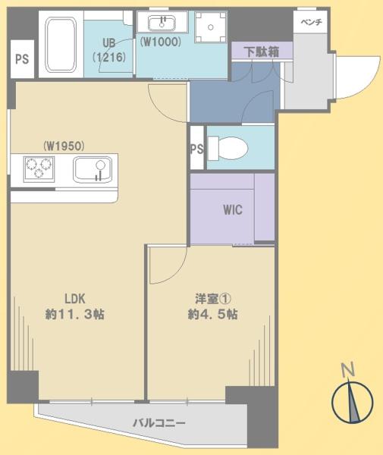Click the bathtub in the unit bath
[x=61, y=44]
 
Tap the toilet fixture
[x=228, y=149]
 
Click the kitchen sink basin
[x=93, y=170]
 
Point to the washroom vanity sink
[x=162, y=24]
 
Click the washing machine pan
[x=211, y=27]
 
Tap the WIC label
[x=233, y=210]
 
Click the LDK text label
[x=75, y=299]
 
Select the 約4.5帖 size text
[x=213, y=314]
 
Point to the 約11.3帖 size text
[x=75, y=314]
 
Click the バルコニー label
[x=159, y=423]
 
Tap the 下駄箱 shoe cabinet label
[x=262, y=52]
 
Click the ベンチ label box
[x=311, y=22]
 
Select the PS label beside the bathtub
[x=22, y=59]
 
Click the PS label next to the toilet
[x=196, y=149]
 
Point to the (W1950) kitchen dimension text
[x=64, y=146]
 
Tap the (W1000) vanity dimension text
[x=161, y=42]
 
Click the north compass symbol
[x=352, y=402]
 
